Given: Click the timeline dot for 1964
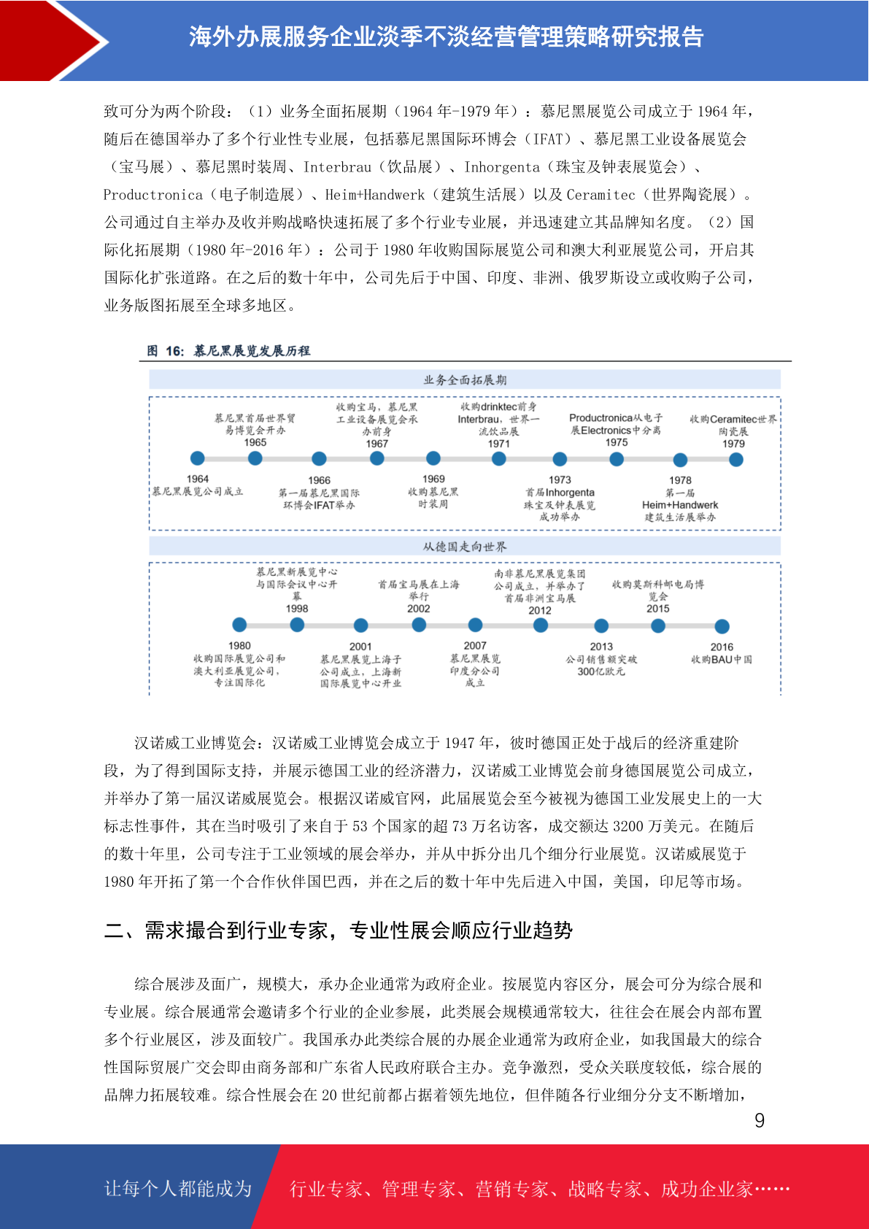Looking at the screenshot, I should pyautogui.click(x=197, y=458).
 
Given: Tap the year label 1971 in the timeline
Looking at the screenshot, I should pyautogui.click(x=498, y=444).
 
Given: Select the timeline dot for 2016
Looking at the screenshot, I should pyautogui.click(x=722, y=626).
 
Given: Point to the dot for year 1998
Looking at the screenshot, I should pyautogui.click(x=297, y=625).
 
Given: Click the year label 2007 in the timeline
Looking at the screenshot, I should pyautogui.click(x=474, y=645).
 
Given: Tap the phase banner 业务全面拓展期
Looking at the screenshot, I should pyautogui.click(x=465, y=380).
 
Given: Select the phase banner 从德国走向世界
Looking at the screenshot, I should pyautogui.click(x=465, y=546).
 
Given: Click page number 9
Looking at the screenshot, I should pyautogui.click(x=760, y=1120).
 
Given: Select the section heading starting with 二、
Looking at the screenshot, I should pyautogui.click(x=339, y=931).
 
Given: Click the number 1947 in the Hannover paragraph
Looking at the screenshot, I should pyautogui.click(x=459, y=743).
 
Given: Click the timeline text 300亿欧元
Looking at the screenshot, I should pyautogui.click(x=601, y=671).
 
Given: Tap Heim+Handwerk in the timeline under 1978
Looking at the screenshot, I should pyautogui.click(x=680, y=505).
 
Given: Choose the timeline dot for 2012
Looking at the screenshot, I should pyautogui.click(x=540, y=625).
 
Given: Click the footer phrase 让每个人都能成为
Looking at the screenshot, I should pyautogui.click(x=178, y=1189).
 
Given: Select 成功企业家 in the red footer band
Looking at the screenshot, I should pyautogui.click(x=706, y=1190).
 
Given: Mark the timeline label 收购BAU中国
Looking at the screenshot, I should pyautogui.click(x=722, y=659).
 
